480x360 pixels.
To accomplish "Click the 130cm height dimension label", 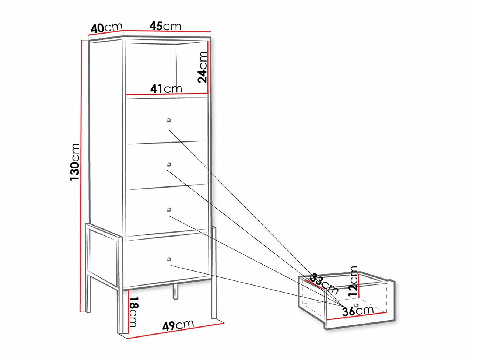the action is coord(74,162).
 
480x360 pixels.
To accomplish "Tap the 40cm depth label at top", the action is coord(107,28).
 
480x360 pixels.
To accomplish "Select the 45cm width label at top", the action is coord(165,26).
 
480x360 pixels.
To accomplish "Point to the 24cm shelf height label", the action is coord(202,67).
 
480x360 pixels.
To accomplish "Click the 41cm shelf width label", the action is coord(166,89).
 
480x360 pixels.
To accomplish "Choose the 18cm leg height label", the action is coord(134,312).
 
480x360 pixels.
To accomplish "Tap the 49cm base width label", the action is coord(178,325).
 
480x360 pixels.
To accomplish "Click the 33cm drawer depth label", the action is coord(324,283).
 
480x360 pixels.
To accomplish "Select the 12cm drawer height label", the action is coord(353,281).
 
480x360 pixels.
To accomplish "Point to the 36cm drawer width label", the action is coord(358,311).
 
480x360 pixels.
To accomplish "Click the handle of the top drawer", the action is coord(169,120).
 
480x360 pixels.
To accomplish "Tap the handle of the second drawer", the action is coord(169,164).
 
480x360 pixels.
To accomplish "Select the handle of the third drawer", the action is coord(169,210).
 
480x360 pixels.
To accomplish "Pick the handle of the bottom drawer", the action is coord(169,259).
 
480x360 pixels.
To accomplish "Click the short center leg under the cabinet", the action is coord(175,292).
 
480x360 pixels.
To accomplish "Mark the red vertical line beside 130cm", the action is coord(81,176).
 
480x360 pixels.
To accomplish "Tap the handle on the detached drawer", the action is coord(356,305).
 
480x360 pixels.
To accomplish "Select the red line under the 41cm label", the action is coord(167,94).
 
